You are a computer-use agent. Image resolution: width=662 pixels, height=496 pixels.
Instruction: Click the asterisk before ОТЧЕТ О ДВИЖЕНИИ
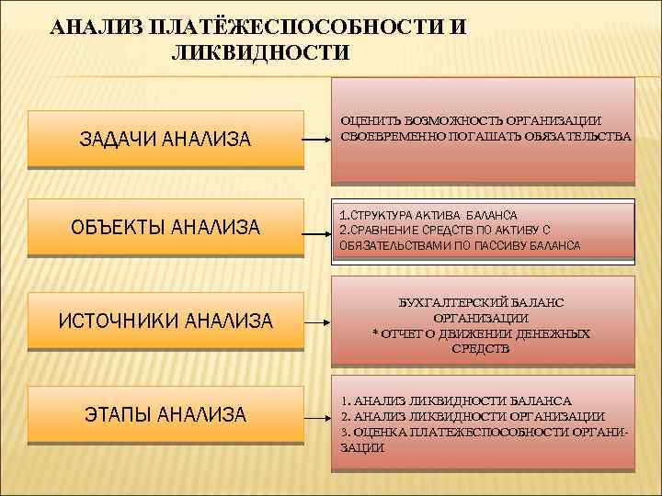click(375, 333)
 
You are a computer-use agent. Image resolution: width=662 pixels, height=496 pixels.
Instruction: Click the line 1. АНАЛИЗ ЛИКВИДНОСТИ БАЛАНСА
click(456, 400)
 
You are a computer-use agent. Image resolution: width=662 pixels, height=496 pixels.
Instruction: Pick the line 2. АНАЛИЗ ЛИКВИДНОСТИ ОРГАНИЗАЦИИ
click(472, 416)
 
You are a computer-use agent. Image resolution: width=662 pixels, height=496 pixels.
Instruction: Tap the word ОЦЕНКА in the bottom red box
click(374, 431)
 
